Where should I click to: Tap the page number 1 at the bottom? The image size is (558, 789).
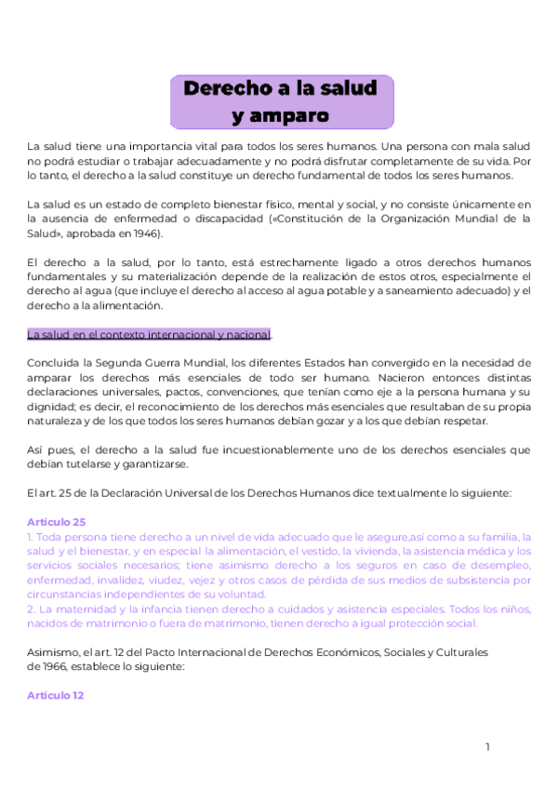click(x=487, y=747)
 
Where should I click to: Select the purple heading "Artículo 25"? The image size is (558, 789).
click(x=57, y=522)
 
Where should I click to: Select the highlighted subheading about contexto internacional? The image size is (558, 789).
click(x=149, y=334)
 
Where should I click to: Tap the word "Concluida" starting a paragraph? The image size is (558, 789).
click(x=54, y=362)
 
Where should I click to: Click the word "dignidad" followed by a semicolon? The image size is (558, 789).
click(x=50, y=407)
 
